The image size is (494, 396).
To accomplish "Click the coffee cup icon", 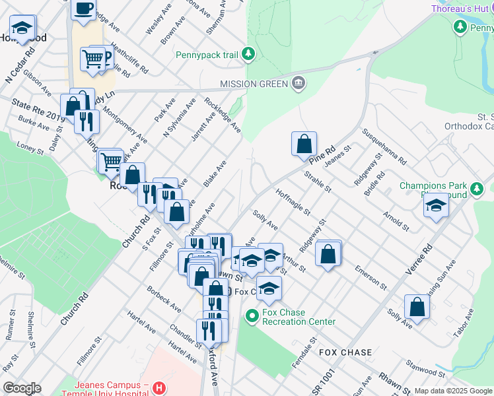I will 83,9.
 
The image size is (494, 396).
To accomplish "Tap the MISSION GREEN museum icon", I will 299,84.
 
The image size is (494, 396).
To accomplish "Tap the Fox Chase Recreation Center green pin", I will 251,317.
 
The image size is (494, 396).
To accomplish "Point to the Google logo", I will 21,388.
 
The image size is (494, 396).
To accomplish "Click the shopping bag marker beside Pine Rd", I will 304,143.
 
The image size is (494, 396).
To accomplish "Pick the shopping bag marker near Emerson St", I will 328,253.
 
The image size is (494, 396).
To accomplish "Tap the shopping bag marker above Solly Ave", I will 417,306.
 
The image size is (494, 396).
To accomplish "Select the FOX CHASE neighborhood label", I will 345,352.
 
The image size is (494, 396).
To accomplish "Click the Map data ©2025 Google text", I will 453,391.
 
